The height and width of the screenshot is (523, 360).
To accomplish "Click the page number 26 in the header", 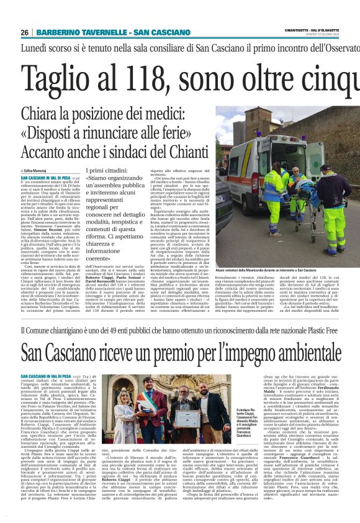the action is pos(24,32).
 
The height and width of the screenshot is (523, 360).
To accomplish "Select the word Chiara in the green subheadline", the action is pos(38,114).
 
